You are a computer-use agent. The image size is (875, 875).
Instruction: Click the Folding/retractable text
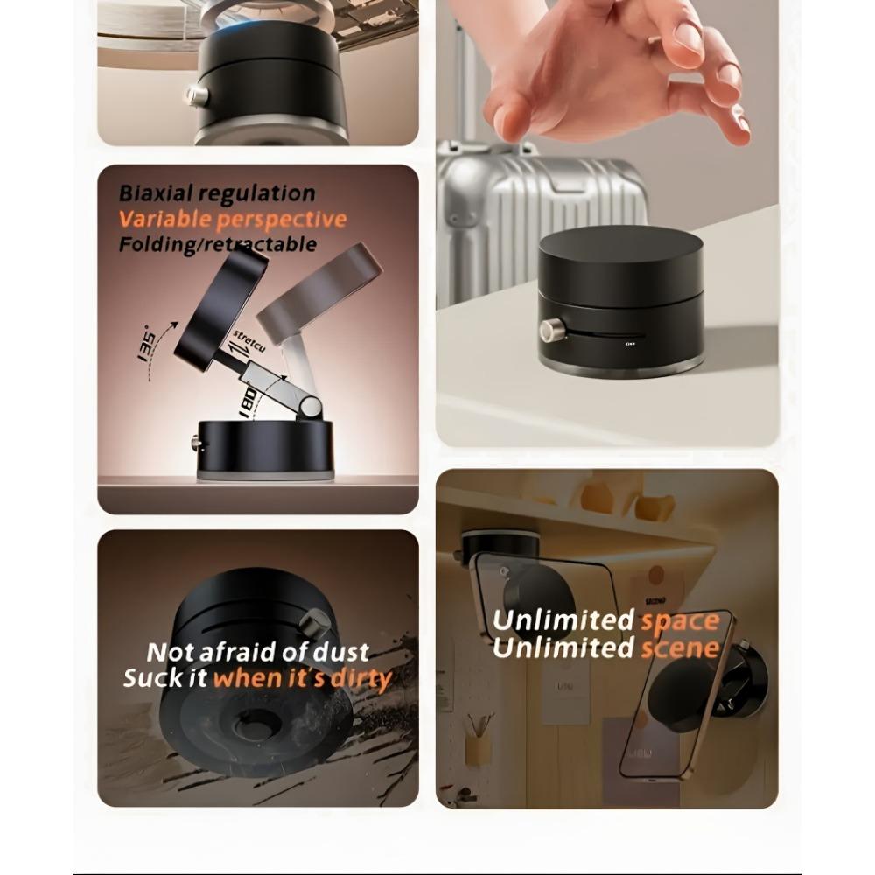(218, 245)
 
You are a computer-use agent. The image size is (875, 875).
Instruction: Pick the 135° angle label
(145, 343)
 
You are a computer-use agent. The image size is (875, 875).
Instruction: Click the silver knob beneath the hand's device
(551, 331)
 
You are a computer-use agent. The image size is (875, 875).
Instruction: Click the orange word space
(680, 621)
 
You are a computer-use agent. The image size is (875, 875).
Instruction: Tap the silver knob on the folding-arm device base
(197, 444)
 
